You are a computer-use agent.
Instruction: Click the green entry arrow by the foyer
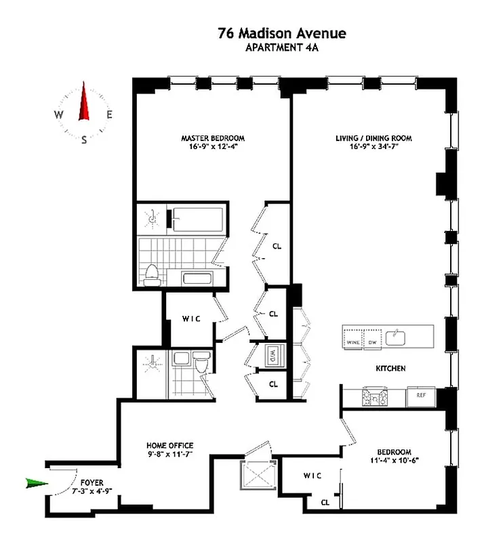36,483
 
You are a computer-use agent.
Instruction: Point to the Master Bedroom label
212,138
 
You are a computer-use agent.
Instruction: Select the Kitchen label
391,369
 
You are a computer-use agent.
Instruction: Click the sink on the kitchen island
395,336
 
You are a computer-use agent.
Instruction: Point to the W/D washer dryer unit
272,353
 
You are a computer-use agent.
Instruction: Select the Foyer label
92,482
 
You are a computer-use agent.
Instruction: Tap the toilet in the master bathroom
151,274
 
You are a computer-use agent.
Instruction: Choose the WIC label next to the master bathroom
189,318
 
